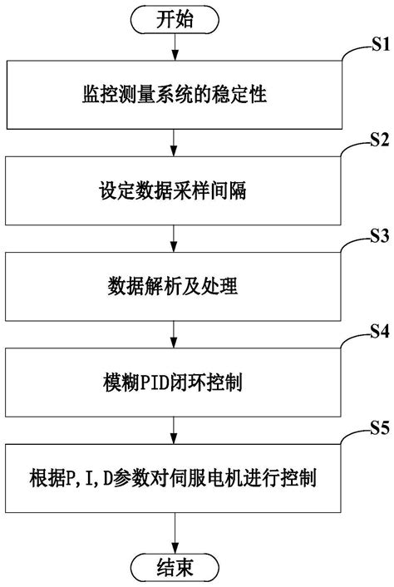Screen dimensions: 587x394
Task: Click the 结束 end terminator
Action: pyautogui.click(x=173, y=568)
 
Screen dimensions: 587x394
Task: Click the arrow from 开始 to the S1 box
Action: pyautogui.click(x=173, y=48)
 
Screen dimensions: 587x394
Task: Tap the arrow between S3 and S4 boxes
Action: pyautogui.click(x=173, y=336)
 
